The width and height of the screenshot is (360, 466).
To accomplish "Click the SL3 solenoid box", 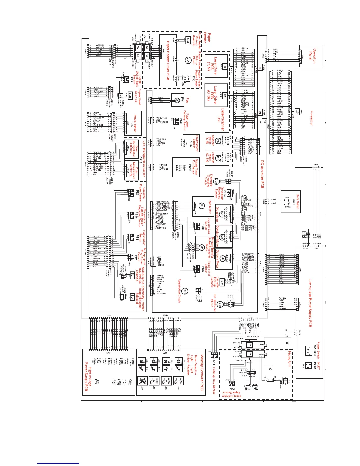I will point(188,40).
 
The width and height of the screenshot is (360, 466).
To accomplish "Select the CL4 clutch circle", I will point(188,60).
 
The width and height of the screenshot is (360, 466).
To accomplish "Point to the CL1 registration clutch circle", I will point(185,291).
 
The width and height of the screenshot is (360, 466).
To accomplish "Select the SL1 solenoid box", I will point(132,276).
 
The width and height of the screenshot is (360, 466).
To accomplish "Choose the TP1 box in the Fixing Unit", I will point(270,380).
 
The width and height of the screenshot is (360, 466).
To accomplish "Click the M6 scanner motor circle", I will point(218,140).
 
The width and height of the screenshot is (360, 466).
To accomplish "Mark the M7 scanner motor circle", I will point(218,158).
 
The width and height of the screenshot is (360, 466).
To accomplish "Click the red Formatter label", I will point(311,118).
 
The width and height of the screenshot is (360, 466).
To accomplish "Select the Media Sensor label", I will point(135,124).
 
